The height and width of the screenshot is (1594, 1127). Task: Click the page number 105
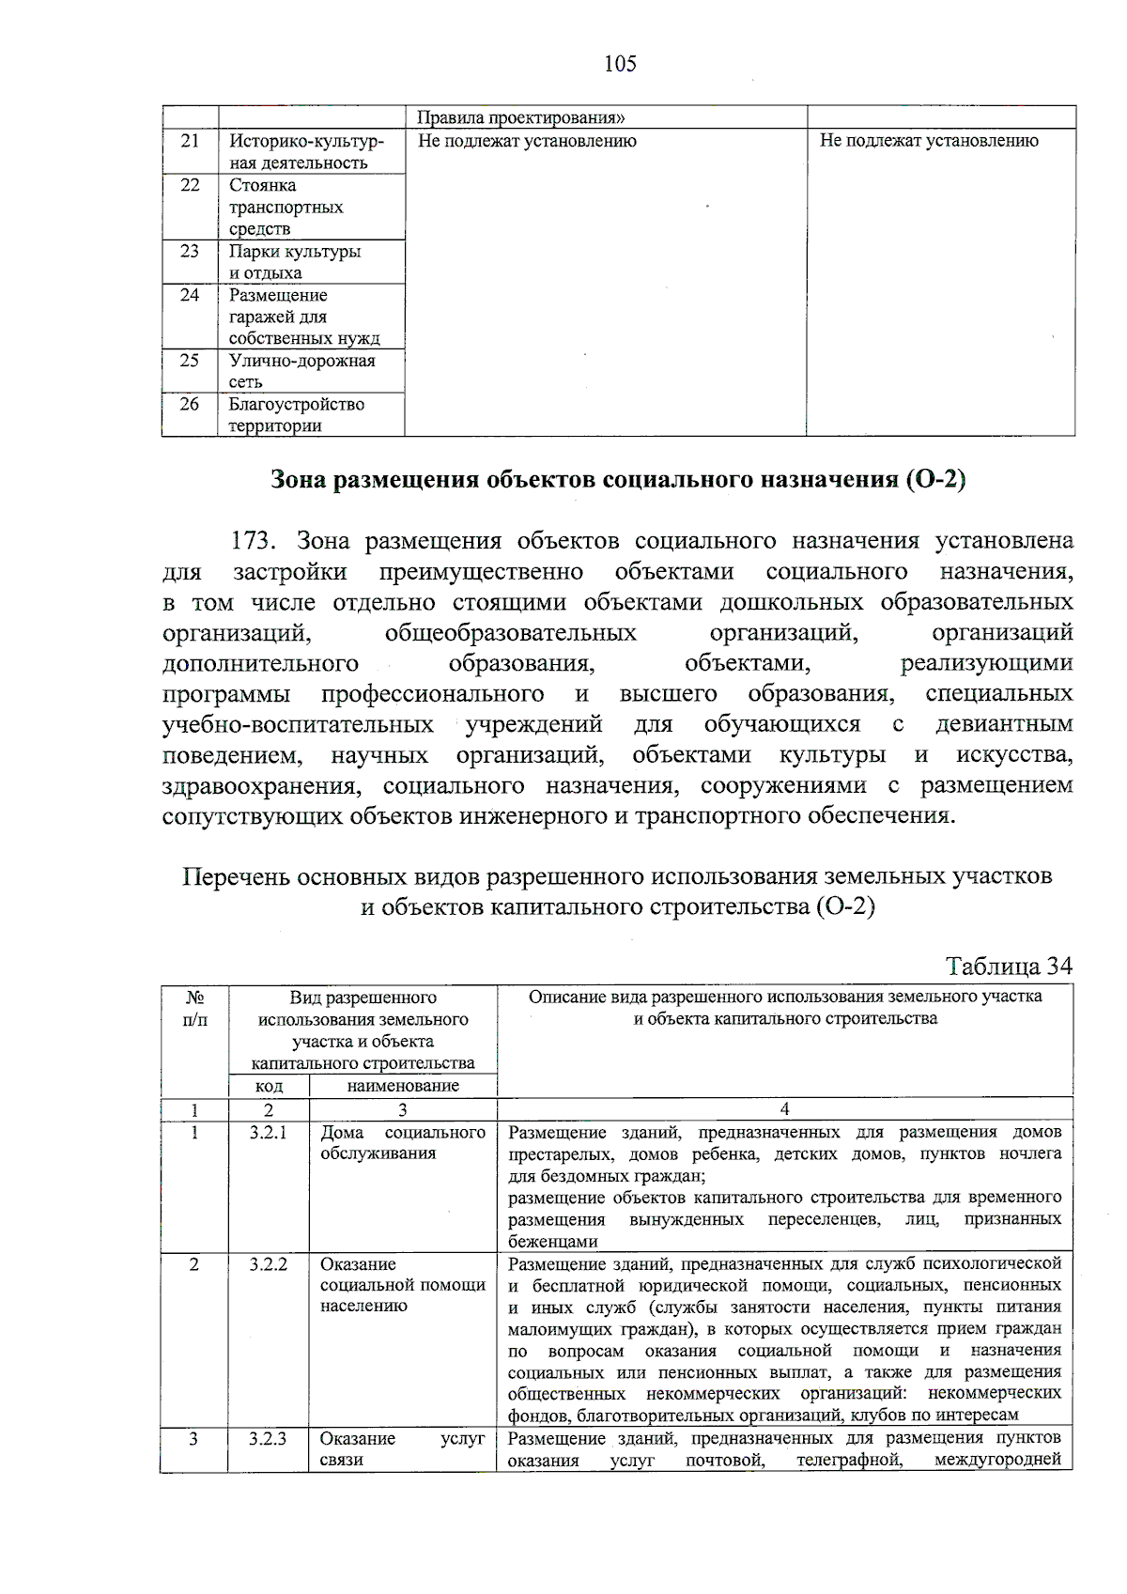(620, 64)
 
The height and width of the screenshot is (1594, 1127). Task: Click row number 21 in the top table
(190, 141)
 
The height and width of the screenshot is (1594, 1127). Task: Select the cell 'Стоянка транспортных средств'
(286, 207)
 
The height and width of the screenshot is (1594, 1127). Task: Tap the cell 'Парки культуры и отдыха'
(294, 262)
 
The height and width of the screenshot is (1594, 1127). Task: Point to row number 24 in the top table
(190, 295)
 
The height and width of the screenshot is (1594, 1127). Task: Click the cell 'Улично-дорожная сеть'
(301, 371)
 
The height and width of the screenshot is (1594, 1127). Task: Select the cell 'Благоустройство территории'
(296, 414)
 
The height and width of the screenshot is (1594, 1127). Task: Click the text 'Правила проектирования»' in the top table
(520, 117)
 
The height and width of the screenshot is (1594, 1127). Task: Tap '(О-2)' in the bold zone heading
(935, 479)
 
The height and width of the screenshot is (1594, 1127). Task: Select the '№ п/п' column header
(194, 1008)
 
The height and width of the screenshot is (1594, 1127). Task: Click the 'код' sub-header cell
(269, 1086)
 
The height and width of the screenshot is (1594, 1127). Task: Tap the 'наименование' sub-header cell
(403, 1086)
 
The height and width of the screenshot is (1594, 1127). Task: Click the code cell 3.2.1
(269, 1132)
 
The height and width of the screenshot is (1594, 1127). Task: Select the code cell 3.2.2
(269, 1264)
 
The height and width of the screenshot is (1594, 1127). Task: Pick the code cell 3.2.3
(268, 1438)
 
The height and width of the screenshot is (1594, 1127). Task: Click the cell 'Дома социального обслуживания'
(403, 1142)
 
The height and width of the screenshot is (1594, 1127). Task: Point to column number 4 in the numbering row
(784, 1109)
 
